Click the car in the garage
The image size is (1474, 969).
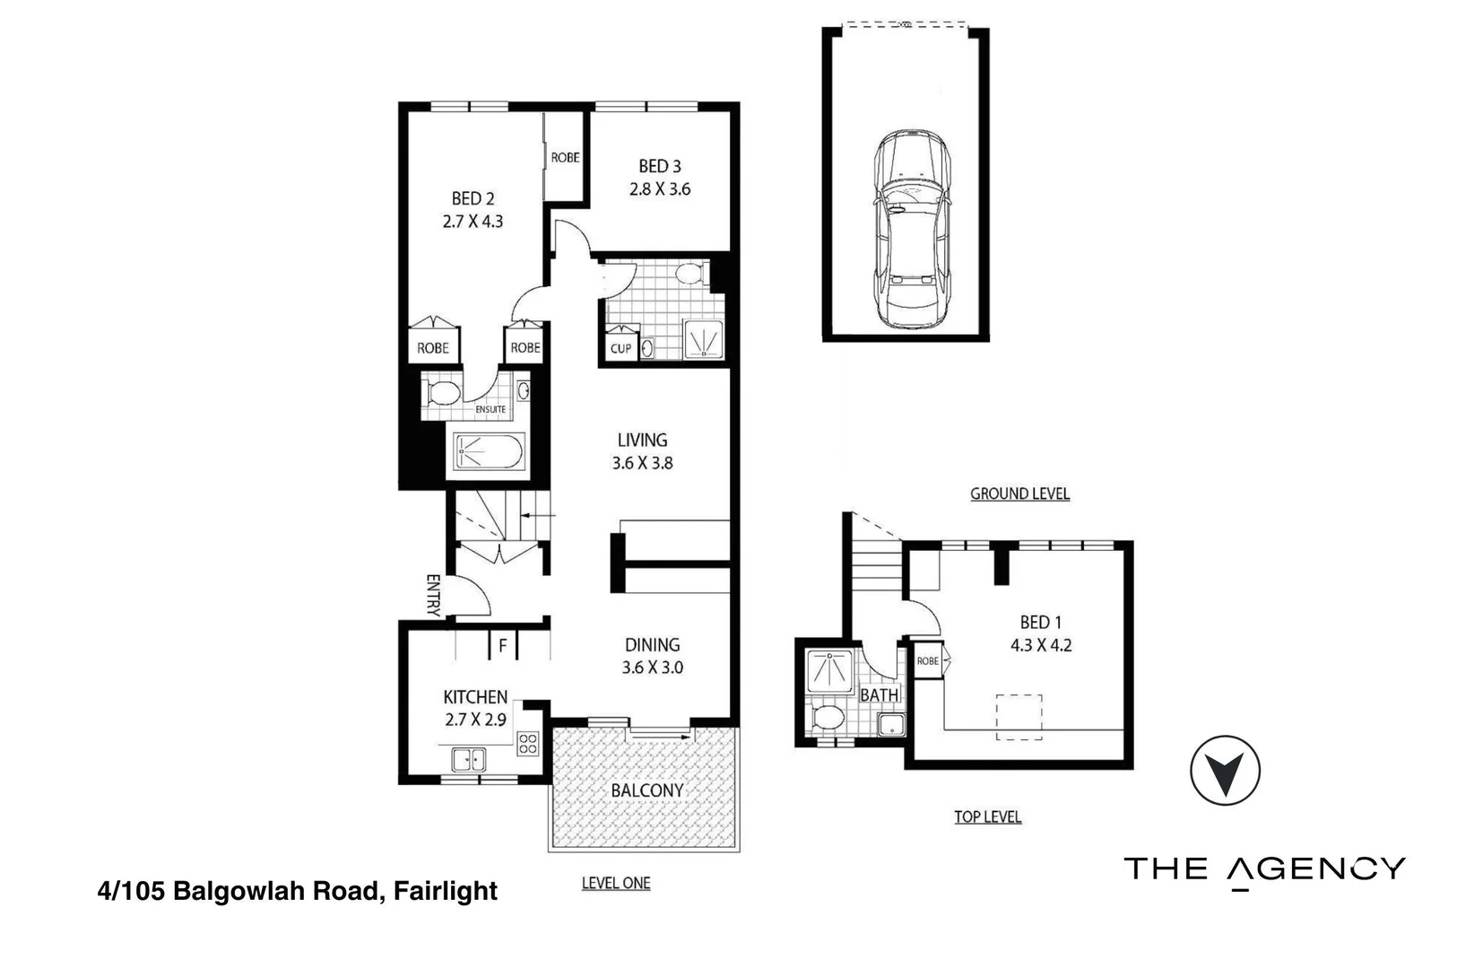(911, 230)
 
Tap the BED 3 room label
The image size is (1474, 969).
(660, 166)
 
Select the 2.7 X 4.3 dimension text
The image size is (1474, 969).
(473, 221)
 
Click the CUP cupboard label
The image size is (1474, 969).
(620, 348)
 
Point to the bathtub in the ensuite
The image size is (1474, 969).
(489, 451)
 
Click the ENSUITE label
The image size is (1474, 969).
(490, 409)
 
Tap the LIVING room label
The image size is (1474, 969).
(642, 440)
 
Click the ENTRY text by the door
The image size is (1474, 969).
(433, 596)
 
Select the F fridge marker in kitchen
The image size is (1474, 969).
(503, 645)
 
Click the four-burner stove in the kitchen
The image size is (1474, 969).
(528, 743)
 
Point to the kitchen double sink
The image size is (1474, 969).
(468, 759)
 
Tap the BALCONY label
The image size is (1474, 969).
(646, 790)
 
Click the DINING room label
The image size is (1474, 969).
(652, 644)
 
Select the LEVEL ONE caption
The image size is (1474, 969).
(616, 883)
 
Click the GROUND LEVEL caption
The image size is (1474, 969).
(1019, 493)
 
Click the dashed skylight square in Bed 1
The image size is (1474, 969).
(1019, 717)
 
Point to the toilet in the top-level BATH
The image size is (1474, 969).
(828, 718)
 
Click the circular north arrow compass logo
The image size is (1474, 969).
(1225, 770)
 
